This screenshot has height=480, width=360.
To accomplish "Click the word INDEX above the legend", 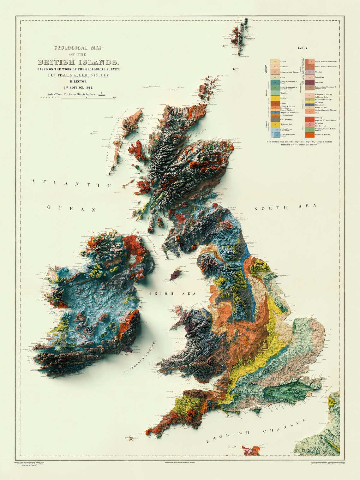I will click(302, 48).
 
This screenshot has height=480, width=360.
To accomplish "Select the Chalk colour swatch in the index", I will click(275, 77).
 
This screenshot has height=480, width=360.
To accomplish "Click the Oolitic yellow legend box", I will click(275, 98).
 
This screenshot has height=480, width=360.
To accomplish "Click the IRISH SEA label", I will click(173, 294).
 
